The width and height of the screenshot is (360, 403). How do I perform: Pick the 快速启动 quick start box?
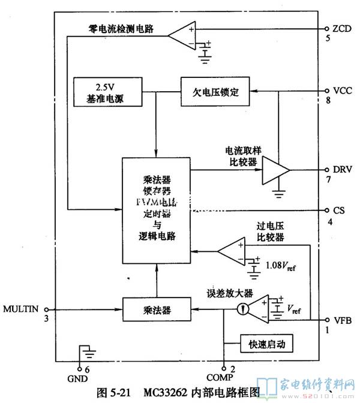(x=266, y=344)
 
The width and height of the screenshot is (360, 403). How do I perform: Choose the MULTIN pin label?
(x=21, y=309)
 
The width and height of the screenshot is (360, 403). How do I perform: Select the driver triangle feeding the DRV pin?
(x=275, y=171)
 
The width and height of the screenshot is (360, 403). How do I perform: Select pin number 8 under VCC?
(x=329, y=101)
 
